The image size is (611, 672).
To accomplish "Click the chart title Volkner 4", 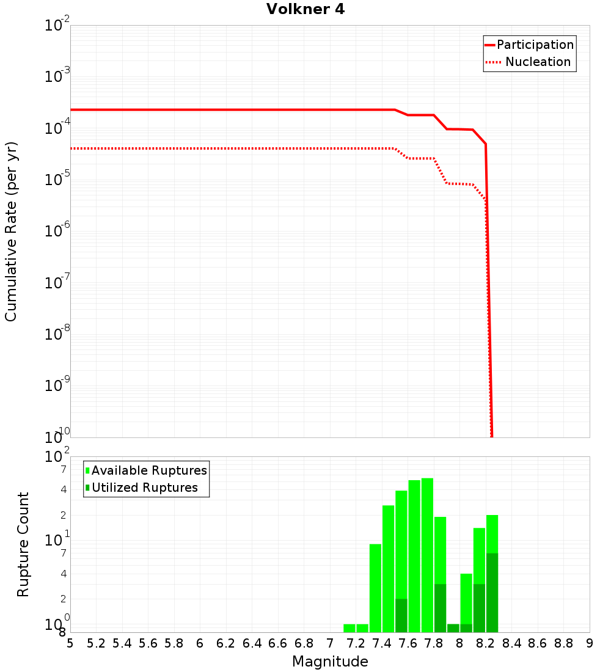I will tap(305, 10).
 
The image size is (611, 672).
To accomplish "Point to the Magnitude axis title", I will tap(330, 662).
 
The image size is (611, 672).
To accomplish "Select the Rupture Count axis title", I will tap(23, 544).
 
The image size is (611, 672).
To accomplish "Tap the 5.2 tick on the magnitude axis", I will tap(96, 643).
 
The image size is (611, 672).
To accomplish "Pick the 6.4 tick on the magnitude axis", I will tap(252, 643).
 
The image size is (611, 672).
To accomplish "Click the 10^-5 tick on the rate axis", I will tap(57, 180).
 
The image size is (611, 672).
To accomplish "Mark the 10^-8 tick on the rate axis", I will tap(57, 334).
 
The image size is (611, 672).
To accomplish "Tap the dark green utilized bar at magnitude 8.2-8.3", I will tap(492, 593).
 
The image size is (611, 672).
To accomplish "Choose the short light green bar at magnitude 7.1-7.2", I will tap(349, 628).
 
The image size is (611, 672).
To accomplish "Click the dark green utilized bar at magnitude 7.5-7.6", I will tap(401, 615).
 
